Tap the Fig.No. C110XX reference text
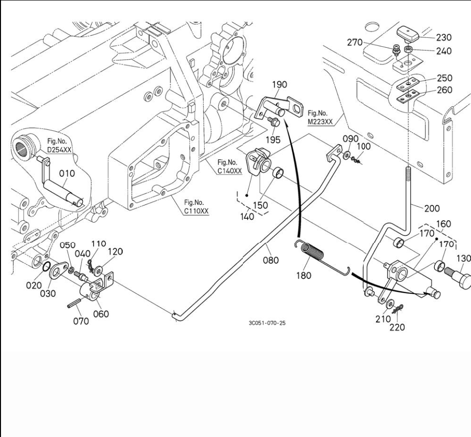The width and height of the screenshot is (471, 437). [x=196, y=206]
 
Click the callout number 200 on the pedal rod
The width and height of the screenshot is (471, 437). [x=432, y=208]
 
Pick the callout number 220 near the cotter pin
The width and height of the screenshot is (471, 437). [x=397, y=327]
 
